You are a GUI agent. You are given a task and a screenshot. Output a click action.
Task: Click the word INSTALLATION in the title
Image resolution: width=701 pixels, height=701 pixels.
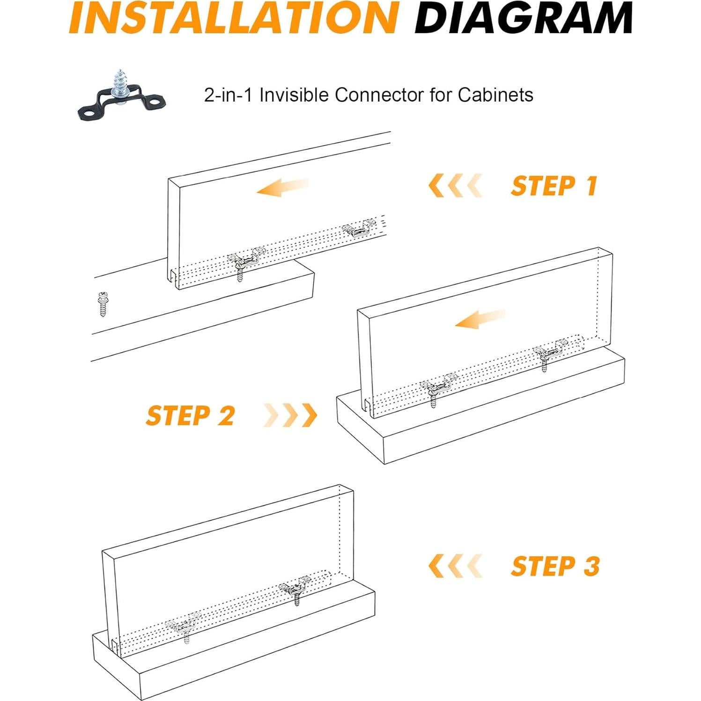click(233, 17)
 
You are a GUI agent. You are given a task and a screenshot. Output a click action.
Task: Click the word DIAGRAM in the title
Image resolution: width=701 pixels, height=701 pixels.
click(524, 17)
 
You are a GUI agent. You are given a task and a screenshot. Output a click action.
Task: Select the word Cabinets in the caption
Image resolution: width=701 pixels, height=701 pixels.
click(495, 95)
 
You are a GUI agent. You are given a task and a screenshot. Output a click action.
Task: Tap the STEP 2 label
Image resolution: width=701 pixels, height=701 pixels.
click(190, 415)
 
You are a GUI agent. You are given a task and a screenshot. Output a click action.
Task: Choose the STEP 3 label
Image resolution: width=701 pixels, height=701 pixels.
click(555, 566)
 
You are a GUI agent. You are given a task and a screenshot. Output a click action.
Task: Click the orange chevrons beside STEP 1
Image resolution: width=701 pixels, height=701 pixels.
click(455, 185)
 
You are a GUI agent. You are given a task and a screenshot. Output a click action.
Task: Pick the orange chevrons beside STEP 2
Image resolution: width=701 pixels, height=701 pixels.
click(290, 415)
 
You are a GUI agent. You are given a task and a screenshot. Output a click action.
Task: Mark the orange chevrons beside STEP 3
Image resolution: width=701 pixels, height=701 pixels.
click(455, 566)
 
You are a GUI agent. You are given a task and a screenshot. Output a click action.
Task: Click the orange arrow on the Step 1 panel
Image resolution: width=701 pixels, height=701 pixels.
click(283, 187)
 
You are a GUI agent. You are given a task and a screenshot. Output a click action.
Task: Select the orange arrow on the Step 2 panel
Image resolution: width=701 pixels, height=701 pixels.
click(480, 319)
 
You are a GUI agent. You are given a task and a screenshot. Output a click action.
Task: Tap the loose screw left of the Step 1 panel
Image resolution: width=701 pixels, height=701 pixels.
click(103, 303)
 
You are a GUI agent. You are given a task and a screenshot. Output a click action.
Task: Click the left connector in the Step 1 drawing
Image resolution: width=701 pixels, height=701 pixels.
click(245, 262)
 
